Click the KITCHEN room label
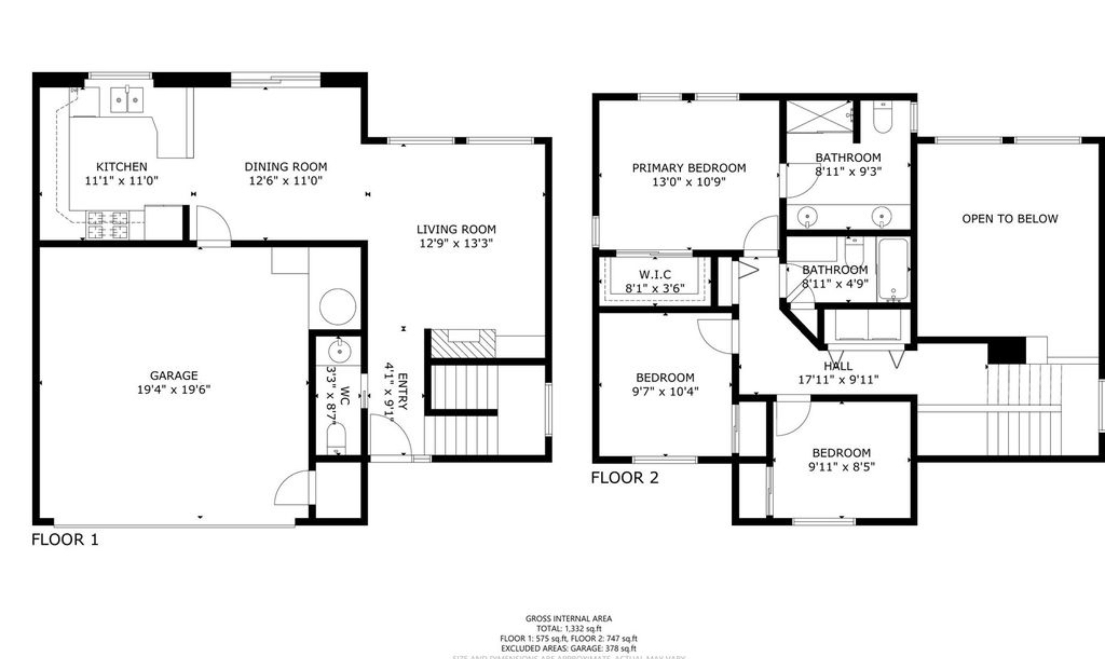[x=121, y=167]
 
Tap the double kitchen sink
[x=126, y=100]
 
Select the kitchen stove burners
[x=108, y=225]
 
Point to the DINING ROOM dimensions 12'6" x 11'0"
[x=285, y=181]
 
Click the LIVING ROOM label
[x=456, y=230]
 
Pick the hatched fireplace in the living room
[x=463, y=344]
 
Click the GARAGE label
[x=173, y=376]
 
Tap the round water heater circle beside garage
[x=338, y=307]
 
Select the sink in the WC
[x=339, y=352]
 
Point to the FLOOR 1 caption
[x=65, y=539]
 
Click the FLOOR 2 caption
[x=625, y=478]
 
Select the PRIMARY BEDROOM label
[x=689, y=168]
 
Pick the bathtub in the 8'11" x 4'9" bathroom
[x=893, y=269]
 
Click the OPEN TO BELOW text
[x=1009, y=218]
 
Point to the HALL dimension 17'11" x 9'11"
[x=838, y=380]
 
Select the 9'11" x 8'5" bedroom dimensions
[x=841, y=467]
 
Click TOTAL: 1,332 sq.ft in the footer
[x=569, y=628]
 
